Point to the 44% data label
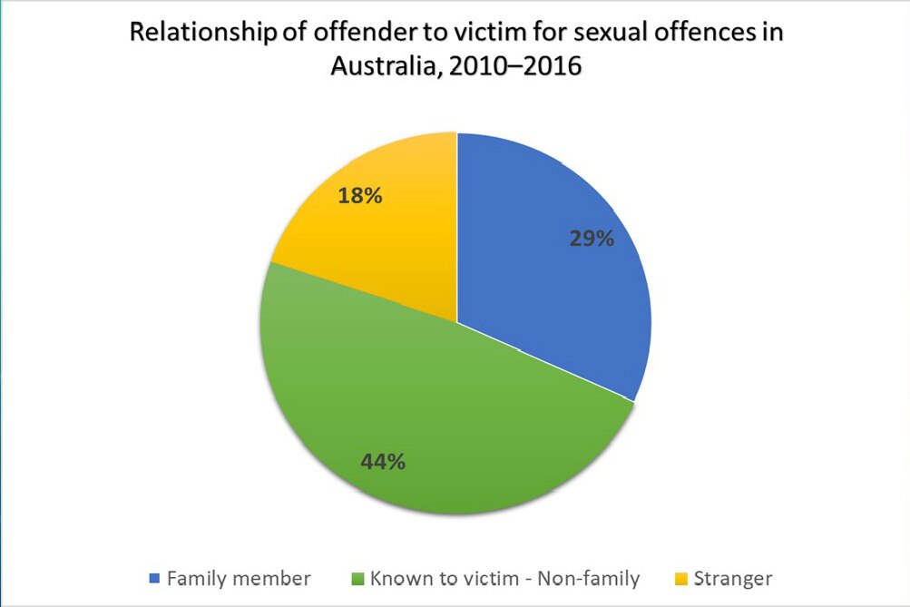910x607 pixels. click(x=382, y=461)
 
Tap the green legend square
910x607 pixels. click(x=356, y=578)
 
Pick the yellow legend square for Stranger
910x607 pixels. click(x=681, y=578)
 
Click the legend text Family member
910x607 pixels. click(x=239, y=578)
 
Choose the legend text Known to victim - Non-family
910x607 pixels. click(x=504, y=578)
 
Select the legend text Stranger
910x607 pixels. click(x=733, y=578)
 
